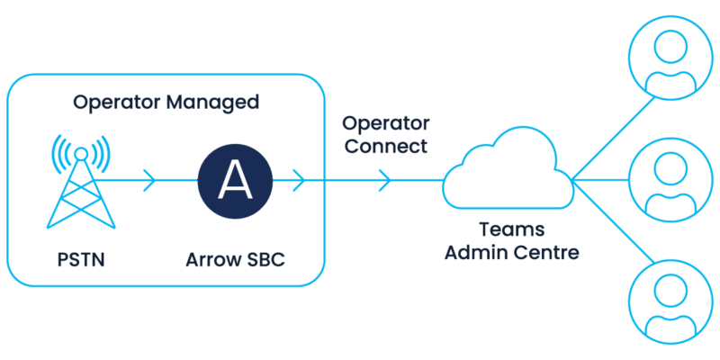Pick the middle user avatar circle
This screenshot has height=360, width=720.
[667, 178]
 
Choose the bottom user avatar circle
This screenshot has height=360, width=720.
[667, 301]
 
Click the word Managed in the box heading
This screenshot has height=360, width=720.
[211, 102]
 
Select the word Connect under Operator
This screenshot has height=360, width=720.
[384, 147]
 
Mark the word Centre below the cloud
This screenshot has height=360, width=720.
[545, 252]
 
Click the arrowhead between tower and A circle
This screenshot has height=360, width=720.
[150, 180]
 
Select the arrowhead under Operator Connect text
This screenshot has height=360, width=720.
[385, 180]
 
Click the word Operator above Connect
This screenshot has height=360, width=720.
[384, 123]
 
